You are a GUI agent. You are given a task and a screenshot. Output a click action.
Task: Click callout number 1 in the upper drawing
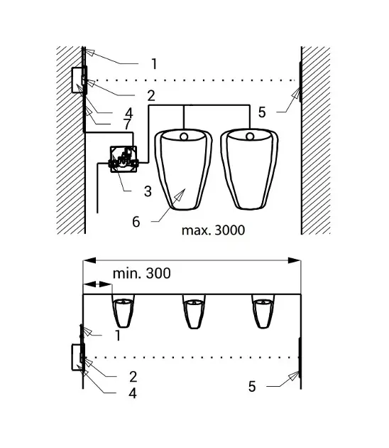point(154,64)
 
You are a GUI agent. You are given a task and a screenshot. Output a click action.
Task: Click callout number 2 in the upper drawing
point(151,96)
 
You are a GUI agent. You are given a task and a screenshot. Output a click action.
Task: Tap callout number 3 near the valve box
point(148,191)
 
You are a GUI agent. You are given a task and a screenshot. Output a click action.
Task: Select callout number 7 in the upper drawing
point(127,124)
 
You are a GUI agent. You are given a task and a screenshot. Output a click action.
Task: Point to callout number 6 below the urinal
point(136,222)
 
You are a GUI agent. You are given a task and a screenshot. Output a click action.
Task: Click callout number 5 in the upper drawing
point(262,112)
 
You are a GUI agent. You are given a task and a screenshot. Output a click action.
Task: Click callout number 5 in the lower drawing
point(252,387)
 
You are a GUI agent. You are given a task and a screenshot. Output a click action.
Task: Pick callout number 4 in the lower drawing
point(133,393)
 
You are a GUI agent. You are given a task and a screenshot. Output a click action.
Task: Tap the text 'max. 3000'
point(214,230)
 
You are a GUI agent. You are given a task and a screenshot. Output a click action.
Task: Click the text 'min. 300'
point(142,274)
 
